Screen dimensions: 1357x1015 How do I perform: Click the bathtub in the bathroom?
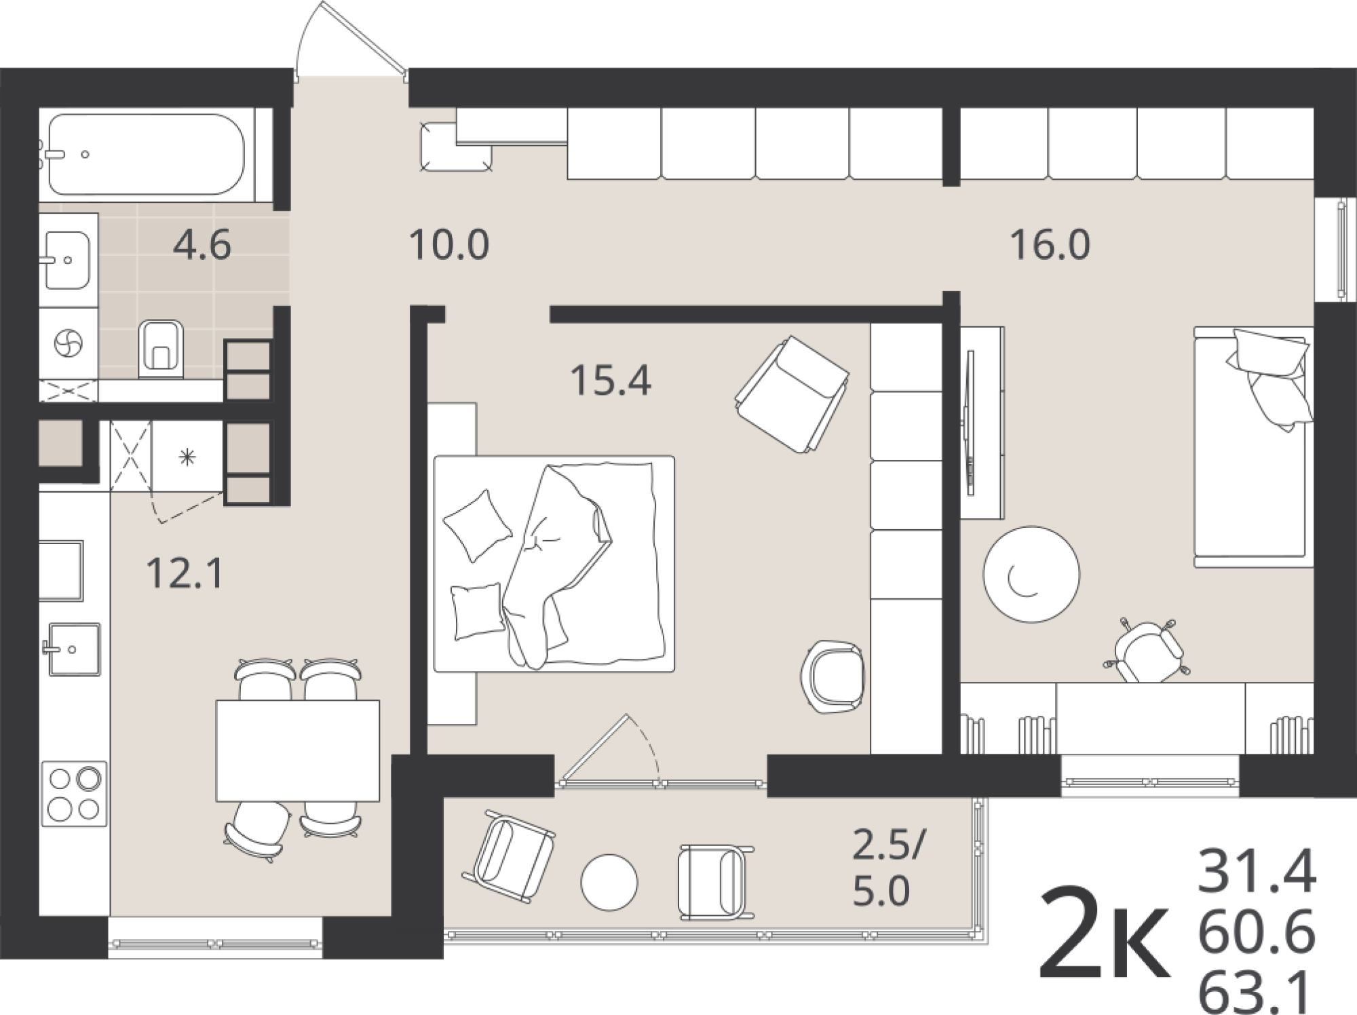tap(146, 155)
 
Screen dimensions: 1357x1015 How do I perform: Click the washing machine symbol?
tap(69, 343)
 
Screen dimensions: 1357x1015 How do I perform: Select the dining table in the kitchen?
tap(298, 750)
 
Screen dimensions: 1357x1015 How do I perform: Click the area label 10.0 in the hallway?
tap(449, 245)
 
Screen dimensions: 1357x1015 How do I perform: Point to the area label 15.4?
tap(611, 380)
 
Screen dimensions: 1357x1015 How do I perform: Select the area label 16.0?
tap(1050, 245)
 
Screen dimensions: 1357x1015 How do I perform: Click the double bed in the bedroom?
tap(554, 564)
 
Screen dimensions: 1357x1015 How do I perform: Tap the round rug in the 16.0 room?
tap(1031, 574)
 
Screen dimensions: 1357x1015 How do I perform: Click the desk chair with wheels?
tap(1146, 650)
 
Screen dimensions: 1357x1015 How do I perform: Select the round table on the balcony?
tap(609, 882)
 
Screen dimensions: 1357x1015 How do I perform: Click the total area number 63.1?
tap(1257, 995)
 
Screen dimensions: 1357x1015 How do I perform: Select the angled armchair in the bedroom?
tap(792, 394)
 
